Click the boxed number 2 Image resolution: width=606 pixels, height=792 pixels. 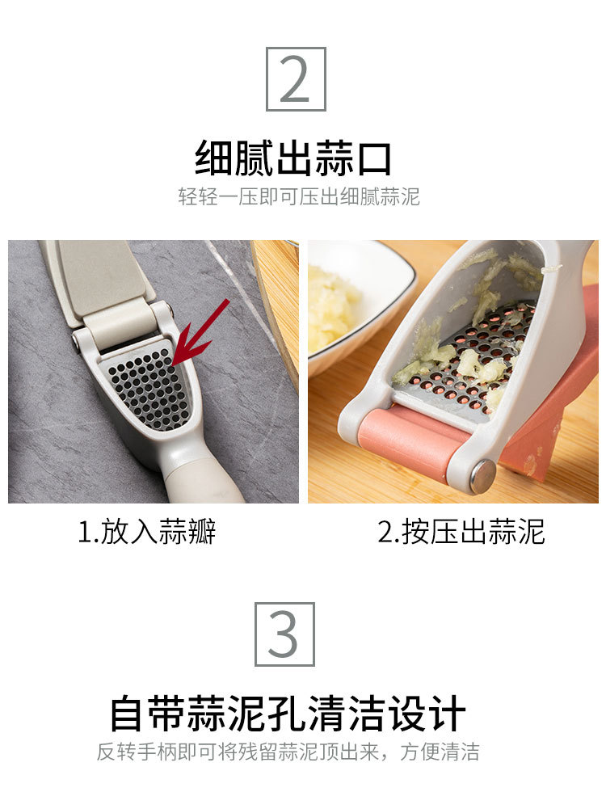coord(296,79)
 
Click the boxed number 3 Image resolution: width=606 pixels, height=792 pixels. coord(284,634)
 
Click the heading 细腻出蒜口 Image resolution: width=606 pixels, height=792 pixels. coord(294,158)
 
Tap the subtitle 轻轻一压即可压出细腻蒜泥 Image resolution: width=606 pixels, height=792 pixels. coord(299,196)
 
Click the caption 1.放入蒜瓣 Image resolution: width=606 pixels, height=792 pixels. coord(147,532)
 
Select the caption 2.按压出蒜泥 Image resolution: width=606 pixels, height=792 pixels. coord(461,532)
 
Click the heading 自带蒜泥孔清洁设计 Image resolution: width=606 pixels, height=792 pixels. coord(288,714)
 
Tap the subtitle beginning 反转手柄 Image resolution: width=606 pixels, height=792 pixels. coord(288,752)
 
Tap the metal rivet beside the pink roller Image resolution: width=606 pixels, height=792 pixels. coord(482,476)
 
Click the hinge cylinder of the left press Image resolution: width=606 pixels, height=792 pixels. coord(121,322)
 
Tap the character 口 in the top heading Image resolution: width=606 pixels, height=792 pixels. coord(372,158)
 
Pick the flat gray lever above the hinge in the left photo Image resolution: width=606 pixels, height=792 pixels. coord(97,275)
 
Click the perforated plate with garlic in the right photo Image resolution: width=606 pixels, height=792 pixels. coord(477,356)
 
